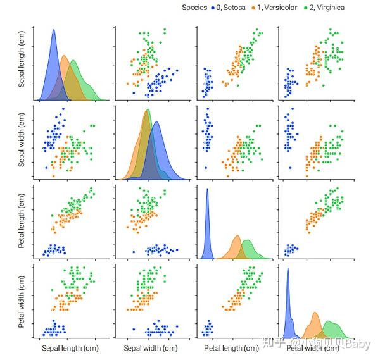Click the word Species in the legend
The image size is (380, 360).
click(195, 8)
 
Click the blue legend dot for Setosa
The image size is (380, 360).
click(212, 8)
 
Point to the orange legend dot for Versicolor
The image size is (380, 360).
click(251, 8)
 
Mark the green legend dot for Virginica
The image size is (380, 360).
click(305, 8)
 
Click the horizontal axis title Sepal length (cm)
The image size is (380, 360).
click(70, 348)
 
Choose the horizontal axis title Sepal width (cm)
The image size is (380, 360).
click(151, 348)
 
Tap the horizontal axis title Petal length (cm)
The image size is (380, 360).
click(232, 348)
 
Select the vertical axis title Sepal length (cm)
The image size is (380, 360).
click(22, 61)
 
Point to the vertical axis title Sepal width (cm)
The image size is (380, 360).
click(22, 143)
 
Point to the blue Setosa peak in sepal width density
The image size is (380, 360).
click(156, 124)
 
